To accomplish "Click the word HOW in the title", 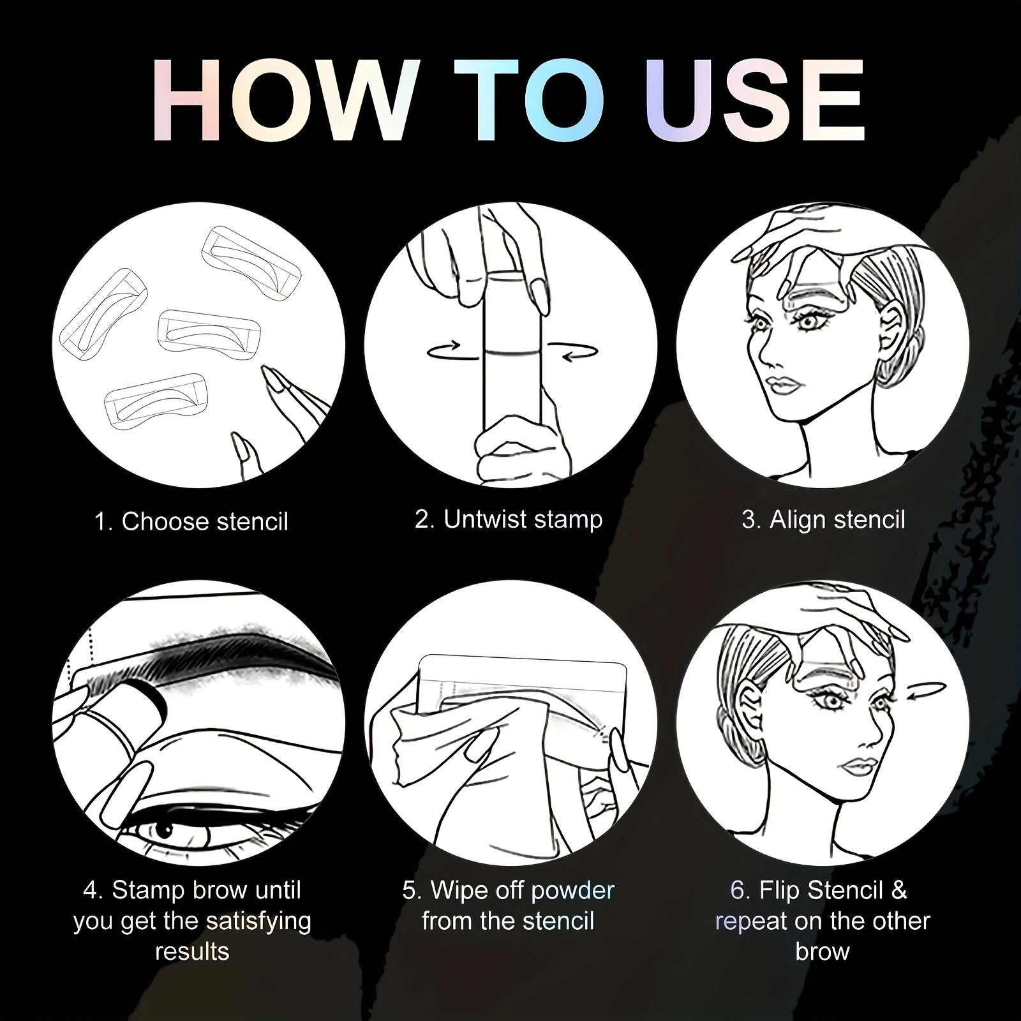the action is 281,101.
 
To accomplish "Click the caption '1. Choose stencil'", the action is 191,522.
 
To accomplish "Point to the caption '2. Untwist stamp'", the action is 509,519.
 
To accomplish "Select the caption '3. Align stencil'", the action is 823,519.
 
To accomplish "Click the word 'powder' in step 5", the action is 567,890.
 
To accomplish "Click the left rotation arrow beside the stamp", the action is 452,350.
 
